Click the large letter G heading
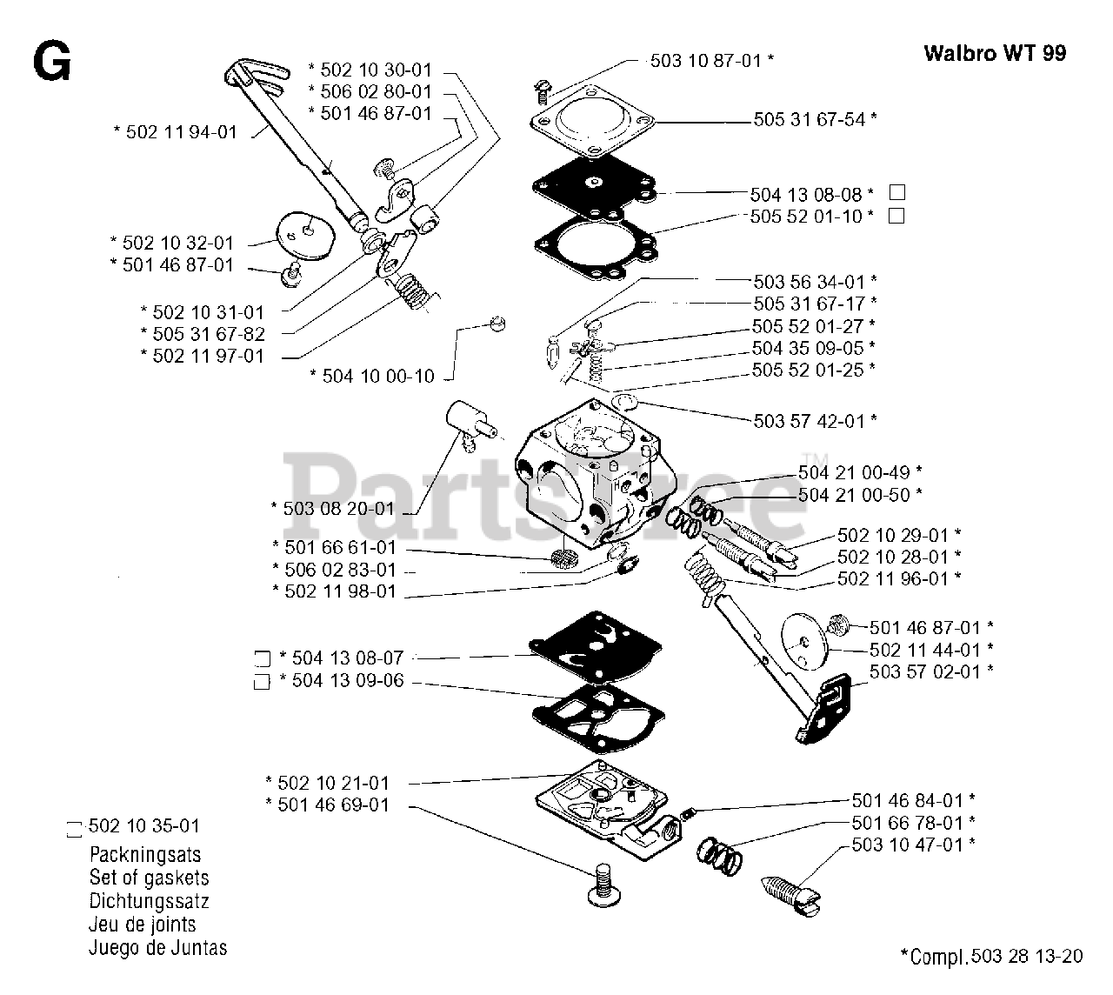[51, 63]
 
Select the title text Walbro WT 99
[995, 53]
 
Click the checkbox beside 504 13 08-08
[897, 193]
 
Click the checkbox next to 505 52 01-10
[897, 216]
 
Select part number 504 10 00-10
[377, 376]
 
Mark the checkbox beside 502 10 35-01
[74, 828]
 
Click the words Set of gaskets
[149, 878]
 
